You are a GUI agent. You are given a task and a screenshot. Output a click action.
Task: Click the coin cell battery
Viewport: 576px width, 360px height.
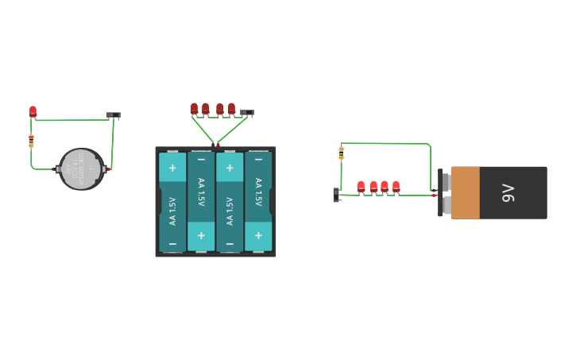click(x=82, y=168)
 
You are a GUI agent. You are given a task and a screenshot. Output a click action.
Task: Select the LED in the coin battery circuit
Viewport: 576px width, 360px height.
click(x=33, y=111)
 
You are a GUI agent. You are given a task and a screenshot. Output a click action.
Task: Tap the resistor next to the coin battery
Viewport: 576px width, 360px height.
click(x=31, y=141)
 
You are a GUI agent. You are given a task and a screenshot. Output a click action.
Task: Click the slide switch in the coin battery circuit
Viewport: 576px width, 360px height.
click(x=114, y=115)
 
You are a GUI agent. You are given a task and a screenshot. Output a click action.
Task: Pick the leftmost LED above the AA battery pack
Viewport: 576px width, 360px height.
click(x=194, y=108)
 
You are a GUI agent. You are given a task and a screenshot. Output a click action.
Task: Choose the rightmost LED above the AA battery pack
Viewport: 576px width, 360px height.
click(x=231, y=108)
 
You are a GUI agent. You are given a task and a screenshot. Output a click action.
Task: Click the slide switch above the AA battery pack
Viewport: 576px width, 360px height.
click(x=247, y=113)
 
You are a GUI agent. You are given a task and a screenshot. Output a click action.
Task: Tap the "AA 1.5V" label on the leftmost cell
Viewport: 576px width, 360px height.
click(x=172, y=211)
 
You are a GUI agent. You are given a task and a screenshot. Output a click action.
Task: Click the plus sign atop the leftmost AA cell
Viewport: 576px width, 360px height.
click(x=172, y=168)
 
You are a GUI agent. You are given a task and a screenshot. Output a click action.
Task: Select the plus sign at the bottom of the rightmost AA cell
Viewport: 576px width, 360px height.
click(x=258, y=236)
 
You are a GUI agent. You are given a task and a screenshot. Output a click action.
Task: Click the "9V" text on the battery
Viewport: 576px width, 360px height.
click(x=508, y=192)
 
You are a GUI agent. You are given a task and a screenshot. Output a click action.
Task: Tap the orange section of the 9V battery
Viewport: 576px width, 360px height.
click(x=466, y=192)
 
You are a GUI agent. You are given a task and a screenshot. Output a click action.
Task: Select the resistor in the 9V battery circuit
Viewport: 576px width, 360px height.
click(x=341, y=152)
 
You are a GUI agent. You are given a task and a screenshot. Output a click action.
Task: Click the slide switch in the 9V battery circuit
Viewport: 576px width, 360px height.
click(x=336, y=195)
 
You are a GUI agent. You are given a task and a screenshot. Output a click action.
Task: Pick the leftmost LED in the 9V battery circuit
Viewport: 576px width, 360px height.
click(x=361, y=187)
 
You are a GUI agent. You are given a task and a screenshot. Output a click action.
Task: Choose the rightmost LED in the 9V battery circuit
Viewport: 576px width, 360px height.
click(x=396, y=187)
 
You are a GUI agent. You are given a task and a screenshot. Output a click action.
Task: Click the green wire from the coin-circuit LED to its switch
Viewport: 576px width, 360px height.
click(x=72, y=120)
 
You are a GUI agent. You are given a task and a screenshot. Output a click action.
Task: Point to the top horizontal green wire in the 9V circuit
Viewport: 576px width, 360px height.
click(x=385, y=144)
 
